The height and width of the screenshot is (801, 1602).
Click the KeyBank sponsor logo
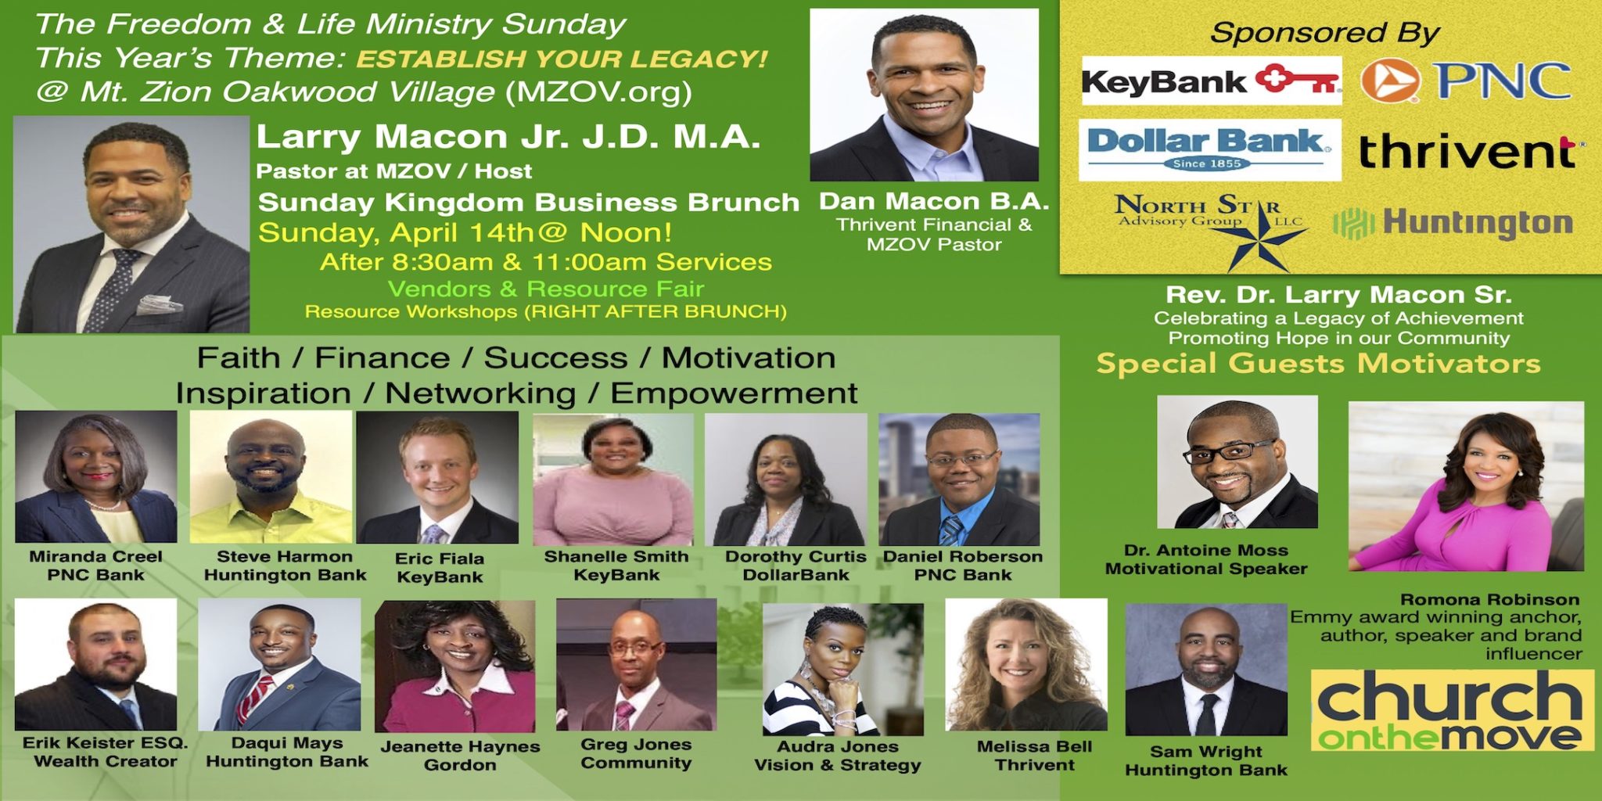click(1211, 81)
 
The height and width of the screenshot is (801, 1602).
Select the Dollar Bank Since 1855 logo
click(1209, 149)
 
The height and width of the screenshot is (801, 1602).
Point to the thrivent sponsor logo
click(1469, 150)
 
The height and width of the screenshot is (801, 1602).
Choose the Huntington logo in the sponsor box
click(1453, 223)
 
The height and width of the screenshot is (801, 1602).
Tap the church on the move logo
click(1452, 710)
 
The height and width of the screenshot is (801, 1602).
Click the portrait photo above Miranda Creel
click(96, 476)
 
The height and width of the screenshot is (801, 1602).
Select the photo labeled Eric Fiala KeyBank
click(437, 477)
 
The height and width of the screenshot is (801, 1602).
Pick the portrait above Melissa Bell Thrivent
click(1026, 665)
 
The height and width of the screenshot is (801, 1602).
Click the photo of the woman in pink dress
click(1466, 486)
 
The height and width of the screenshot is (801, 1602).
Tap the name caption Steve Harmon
click(285, 557)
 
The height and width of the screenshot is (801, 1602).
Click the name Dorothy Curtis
click(796, 557)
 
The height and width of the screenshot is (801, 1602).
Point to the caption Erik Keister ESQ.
click(106, 743)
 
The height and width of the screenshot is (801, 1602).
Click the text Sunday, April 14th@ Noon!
click(465, 233)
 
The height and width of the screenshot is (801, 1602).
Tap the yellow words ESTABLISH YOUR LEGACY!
click(562, 59)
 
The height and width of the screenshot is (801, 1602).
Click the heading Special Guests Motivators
click(1318, 364)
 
